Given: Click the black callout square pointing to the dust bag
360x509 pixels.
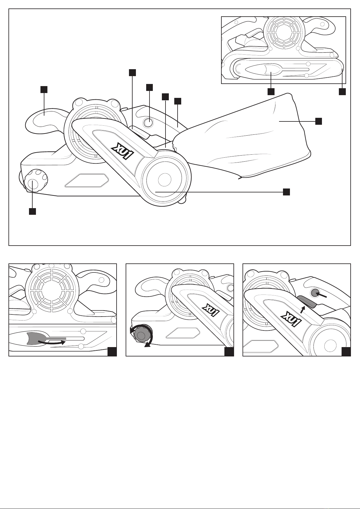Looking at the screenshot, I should pos(319,121).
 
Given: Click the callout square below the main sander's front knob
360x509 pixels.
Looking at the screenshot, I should pos(32,211).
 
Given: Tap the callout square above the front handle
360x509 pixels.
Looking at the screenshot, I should pos(44,89).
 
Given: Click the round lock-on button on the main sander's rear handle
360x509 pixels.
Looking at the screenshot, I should pos(148,122).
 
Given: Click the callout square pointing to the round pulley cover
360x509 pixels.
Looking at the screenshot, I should pos(286,192).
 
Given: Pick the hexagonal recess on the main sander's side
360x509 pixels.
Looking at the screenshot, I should pos(87,180).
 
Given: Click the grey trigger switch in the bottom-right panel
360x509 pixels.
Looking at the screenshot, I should pos(307,301).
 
